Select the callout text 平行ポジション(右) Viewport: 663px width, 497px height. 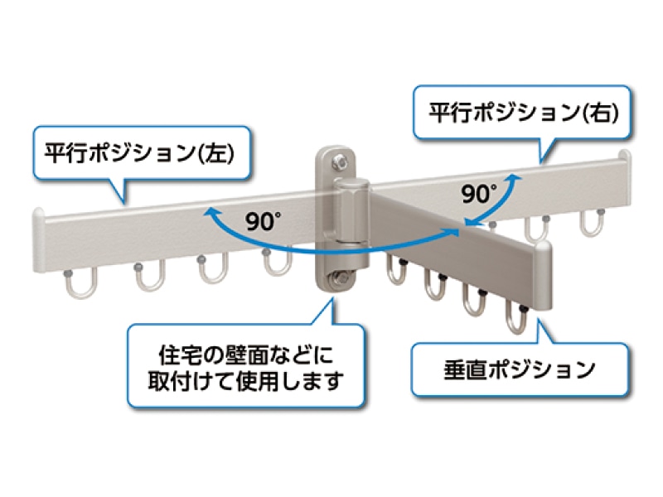point(524,113)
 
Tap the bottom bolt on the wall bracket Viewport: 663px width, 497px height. point(339,279)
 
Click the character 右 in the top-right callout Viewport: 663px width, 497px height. point(599,113)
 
